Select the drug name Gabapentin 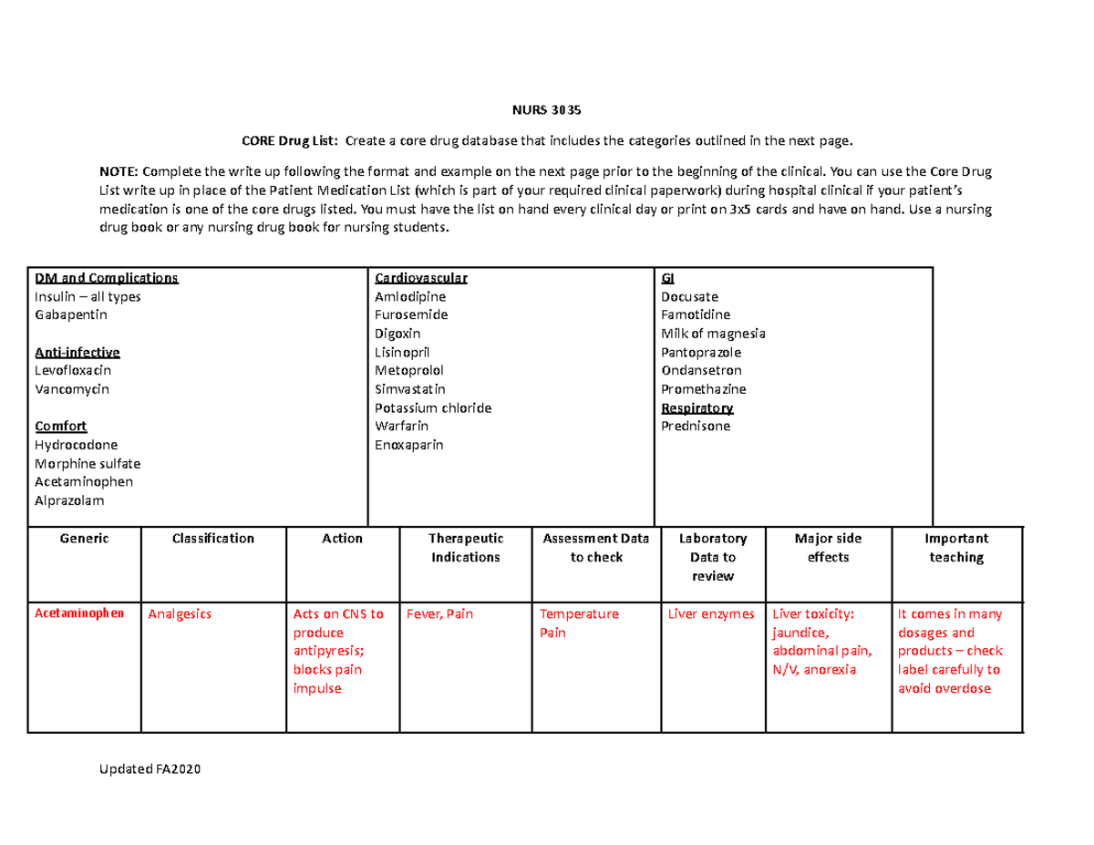click(x=70, y=314)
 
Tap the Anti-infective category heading click(x=77, y=352)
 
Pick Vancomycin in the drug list click(x=71, y=389)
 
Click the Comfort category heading click(x=60, y=427)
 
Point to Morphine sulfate click(x=87, y=463)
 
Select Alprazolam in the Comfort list click(x=69, y=500)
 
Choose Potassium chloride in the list click(x=433, y=407)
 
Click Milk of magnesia click(x=713, y=334)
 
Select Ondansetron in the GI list click(x=701, y=371)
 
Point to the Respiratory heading click(x=697, y=407)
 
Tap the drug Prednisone click(x=696, y=427)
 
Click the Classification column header click(x=213, y=539)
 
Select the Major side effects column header click(x=828, y=548)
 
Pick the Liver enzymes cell click(x=711, y=614)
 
